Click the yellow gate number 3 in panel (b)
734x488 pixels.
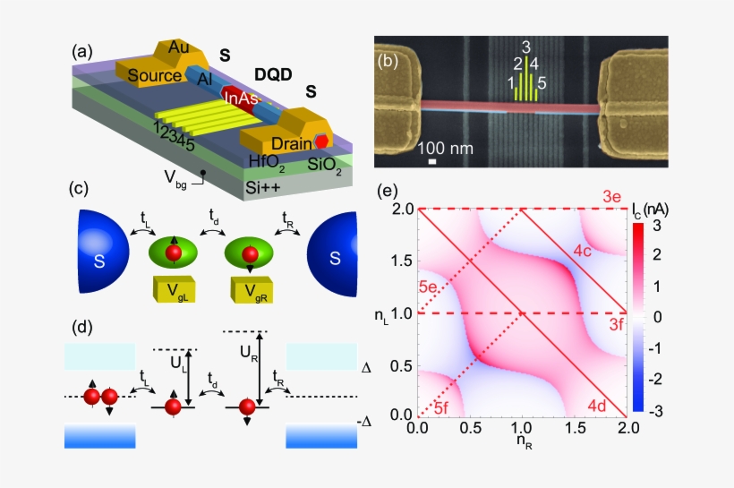point(526,47)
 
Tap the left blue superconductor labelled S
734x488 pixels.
point(107,258)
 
